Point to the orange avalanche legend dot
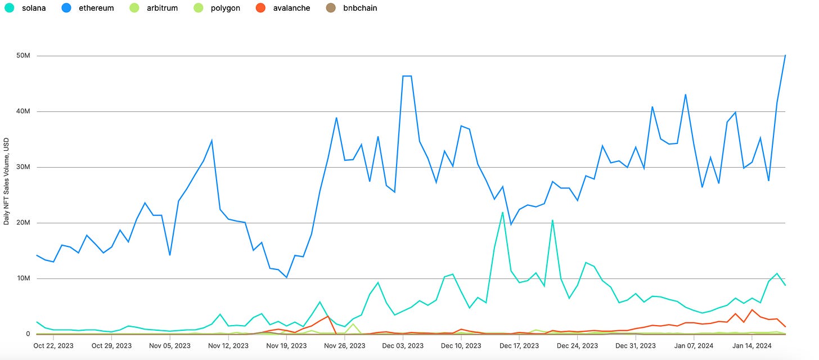coord(261,8)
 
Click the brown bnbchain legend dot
coord(331,8)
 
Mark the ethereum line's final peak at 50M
coord(785,55)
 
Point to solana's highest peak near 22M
coord(502,213)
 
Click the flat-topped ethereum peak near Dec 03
coord(407,76)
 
